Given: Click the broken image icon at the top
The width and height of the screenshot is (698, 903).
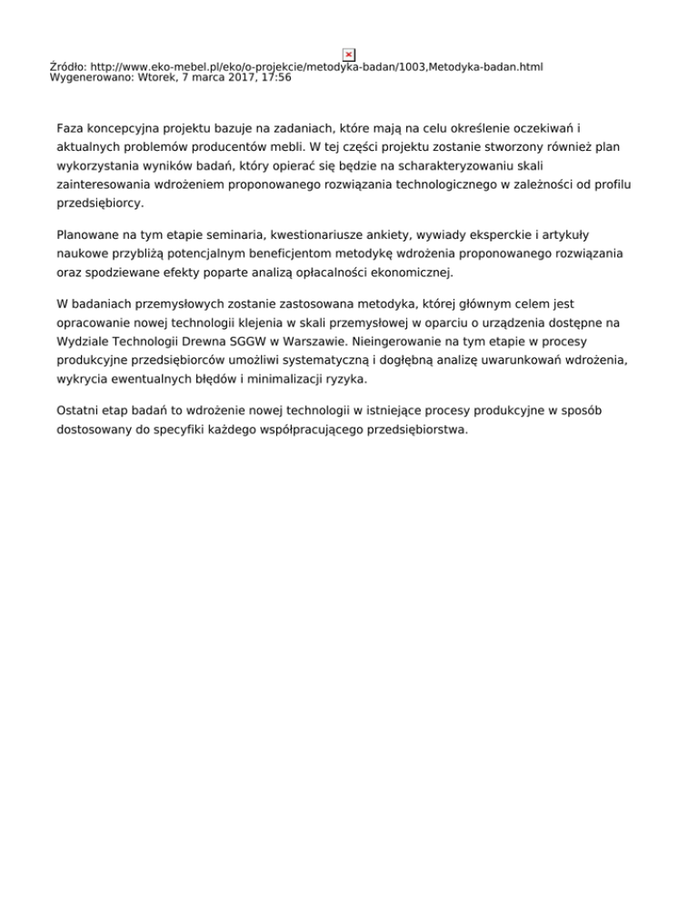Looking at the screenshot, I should [348, 55].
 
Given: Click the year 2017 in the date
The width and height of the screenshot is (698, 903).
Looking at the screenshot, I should [233, 78].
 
